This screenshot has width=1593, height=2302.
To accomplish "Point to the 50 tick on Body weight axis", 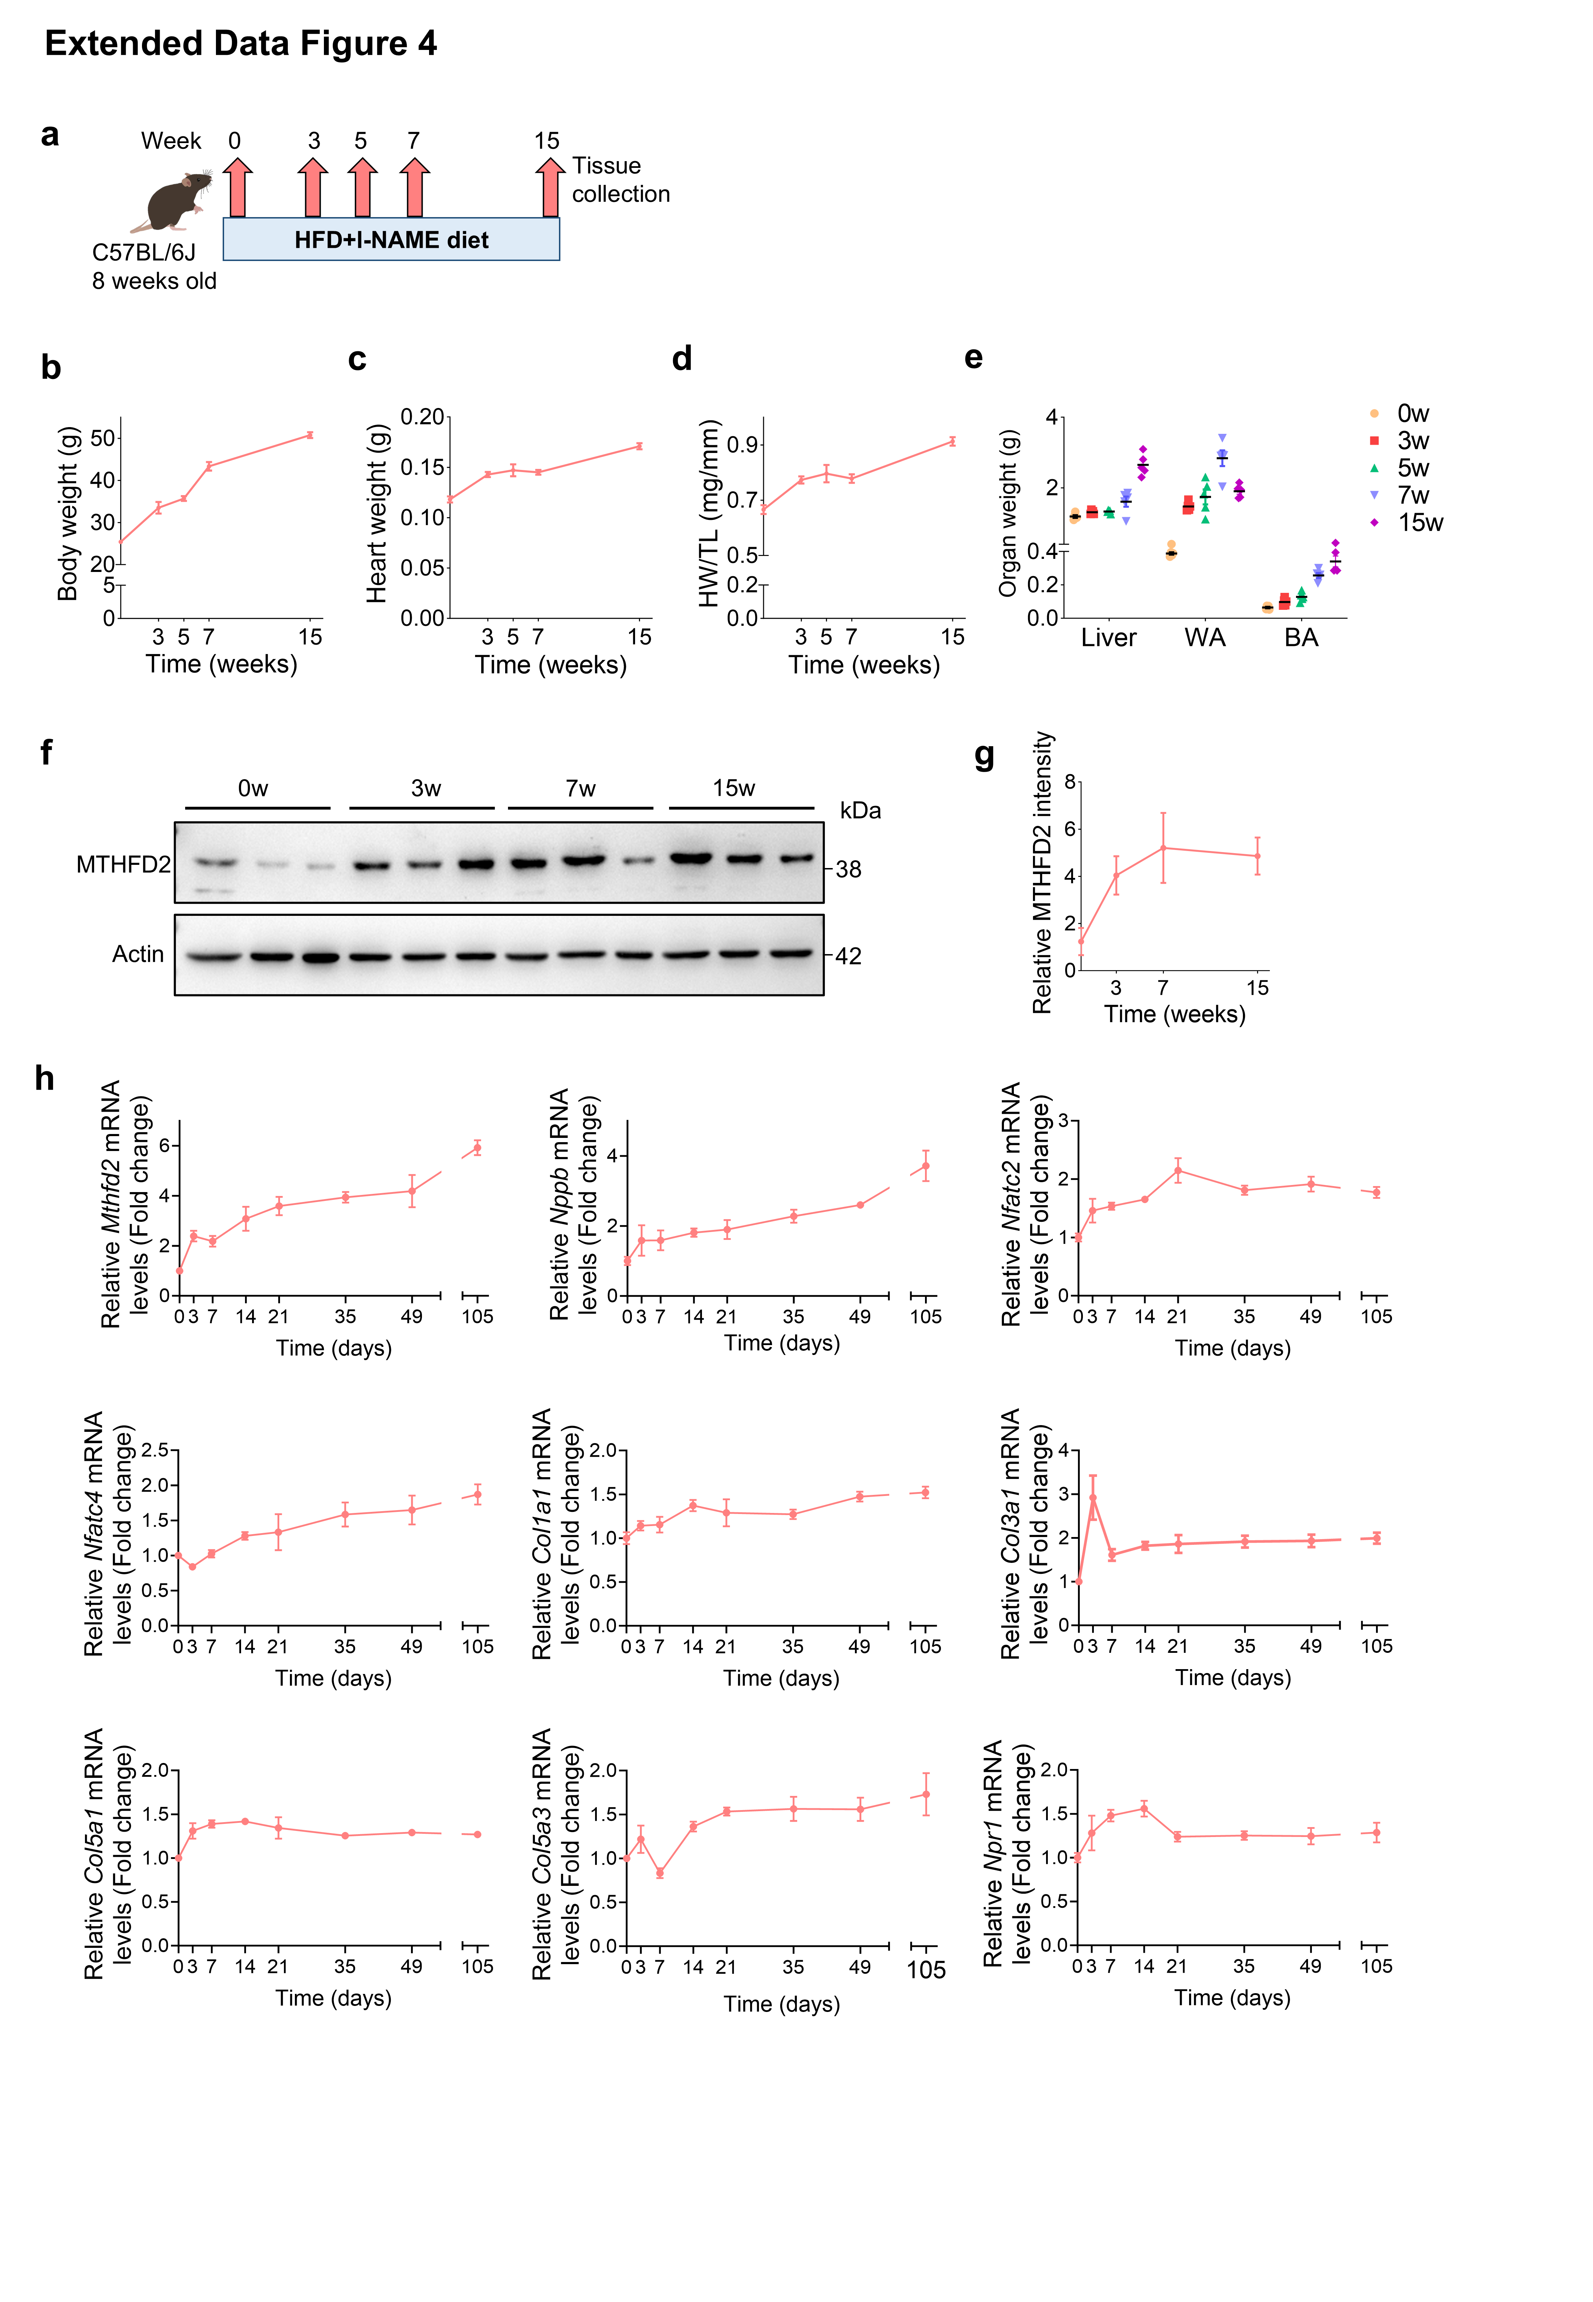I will tap(102, 438).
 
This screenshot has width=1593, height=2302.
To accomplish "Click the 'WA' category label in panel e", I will tap(1205, 638).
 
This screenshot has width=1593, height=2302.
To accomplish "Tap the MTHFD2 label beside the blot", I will tap(123, 864).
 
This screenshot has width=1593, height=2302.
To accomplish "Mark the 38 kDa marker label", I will tap(849, 869).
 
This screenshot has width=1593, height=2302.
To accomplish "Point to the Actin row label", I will tap(138, 954).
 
